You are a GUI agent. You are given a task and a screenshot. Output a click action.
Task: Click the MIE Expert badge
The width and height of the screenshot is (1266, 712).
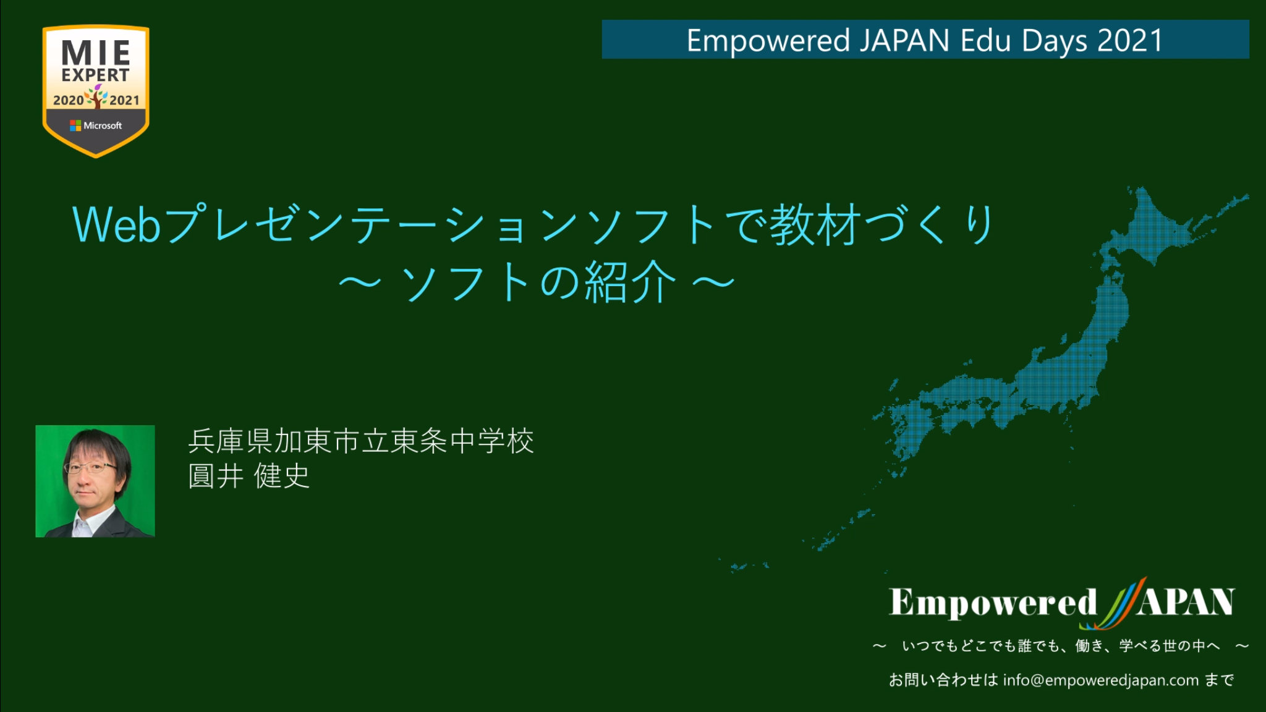click(x=96, y=91)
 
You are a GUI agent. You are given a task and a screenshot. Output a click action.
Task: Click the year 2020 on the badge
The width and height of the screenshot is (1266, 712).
click(x=68, y=100)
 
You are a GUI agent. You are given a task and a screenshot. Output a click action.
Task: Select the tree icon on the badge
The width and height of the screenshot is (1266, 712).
click(x=96, y=96)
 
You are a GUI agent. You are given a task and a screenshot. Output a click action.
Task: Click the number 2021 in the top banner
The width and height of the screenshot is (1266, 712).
click(x=1129, y=41)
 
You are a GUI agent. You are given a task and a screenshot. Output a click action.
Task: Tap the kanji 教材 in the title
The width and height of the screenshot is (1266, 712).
click(x=815, y=224)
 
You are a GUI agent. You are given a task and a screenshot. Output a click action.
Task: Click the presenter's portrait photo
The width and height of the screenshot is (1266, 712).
click(x=95, y=481)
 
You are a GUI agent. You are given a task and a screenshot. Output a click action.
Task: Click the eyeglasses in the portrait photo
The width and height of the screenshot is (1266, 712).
click(x=90, y=468)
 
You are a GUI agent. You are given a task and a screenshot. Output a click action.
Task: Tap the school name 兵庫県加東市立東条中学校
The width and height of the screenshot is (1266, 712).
click(x=361, y=441)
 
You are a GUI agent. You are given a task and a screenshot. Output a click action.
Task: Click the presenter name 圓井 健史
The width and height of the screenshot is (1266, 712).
click(x=249, y=476)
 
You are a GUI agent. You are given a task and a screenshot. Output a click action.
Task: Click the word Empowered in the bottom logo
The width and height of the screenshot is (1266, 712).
click(x=993, y=603)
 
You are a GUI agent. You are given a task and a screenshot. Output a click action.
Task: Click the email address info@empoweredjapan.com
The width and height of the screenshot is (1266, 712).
click(x=1101, y=680)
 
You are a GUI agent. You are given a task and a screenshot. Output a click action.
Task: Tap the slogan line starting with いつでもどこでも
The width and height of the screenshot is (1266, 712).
click(x=1061, y=646)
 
